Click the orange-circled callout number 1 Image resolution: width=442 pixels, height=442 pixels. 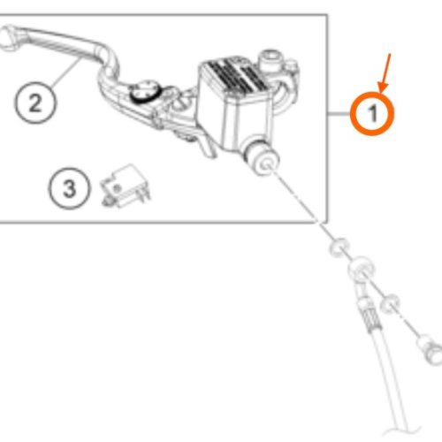372,113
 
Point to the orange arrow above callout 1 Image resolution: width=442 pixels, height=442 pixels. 385,72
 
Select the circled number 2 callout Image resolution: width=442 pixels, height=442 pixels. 35,103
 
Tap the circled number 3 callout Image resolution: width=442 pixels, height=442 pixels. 69,188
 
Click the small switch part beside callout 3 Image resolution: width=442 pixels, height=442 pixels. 126,187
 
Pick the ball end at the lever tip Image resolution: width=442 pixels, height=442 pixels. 8,37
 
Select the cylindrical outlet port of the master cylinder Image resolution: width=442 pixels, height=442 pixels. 261,157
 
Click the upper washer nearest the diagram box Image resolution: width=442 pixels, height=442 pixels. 339,247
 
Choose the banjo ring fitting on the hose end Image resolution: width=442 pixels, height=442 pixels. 361,269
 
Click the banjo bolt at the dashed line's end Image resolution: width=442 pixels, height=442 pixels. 430,349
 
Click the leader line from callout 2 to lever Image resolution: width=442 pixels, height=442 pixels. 66,72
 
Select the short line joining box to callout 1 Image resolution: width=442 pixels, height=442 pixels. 339,114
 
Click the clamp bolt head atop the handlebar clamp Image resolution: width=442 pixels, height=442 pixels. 270,60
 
